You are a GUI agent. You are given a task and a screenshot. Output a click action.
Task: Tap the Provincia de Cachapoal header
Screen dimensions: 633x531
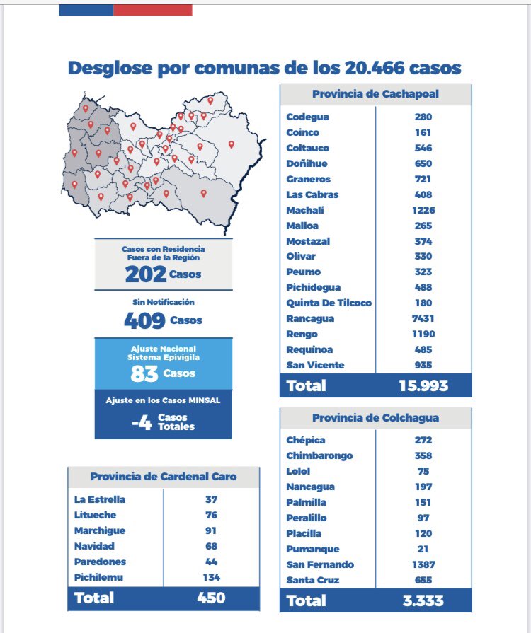coord(375,95)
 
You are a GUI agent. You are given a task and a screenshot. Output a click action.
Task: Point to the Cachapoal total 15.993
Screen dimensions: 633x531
coord(423,385)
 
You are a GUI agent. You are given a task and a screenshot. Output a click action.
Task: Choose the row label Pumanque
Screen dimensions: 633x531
coord(313,549)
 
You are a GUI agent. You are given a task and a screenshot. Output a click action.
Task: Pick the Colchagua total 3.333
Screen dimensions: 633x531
coord(423,600)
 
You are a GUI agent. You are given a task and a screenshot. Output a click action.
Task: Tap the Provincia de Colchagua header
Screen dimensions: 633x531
coord(375,418)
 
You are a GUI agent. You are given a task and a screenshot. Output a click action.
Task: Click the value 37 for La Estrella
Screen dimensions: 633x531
coord(211,499)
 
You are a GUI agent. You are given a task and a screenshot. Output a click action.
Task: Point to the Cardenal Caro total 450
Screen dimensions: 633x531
coord(211,598)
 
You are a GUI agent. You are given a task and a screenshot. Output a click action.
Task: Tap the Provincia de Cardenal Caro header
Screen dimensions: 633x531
coord(164,477)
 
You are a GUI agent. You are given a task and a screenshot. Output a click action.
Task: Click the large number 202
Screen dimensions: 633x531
coord(145,274)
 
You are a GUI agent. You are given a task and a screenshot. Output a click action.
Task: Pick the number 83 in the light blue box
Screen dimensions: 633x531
coord(144,373)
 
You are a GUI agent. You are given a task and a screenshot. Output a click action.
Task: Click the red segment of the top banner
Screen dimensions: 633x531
coord(152,9)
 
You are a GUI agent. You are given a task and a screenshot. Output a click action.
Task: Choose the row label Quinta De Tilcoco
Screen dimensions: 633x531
coord(329,303)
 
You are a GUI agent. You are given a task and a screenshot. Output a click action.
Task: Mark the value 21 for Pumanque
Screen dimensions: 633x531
coord(424,549)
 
